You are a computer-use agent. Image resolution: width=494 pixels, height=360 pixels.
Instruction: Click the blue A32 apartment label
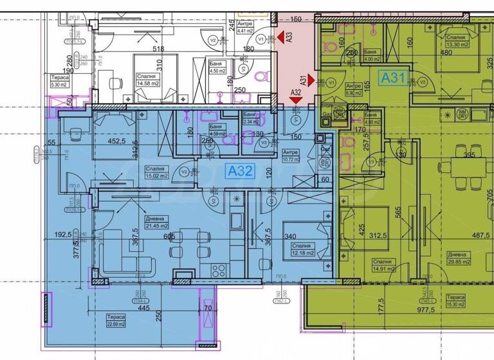pos(241,172)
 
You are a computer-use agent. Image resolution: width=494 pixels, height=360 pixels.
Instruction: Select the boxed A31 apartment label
pos(392,78)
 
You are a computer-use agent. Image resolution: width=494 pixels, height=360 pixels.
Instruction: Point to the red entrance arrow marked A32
pos(295,100)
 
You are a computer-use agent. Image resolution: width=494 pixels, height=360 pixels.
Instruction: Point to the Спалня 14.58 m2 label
pos(149,79)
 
